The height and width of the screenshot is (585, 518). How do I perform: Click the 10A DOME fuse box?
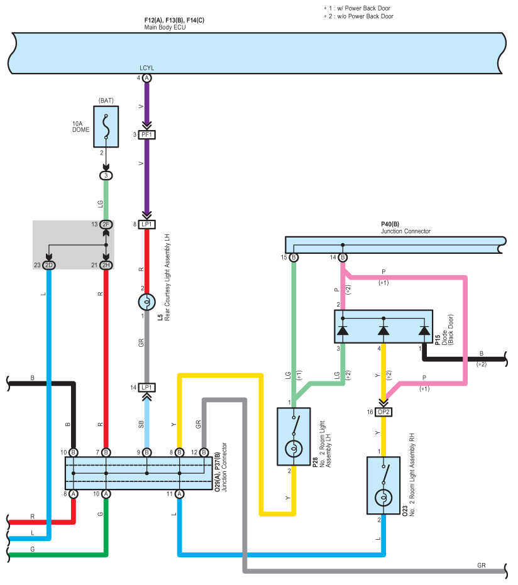coord(106,126)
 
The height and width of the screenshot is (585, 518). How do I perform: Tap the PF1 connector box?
coord(146,134)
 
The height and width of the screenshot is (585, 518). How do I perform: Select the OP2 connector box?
coord(383,412)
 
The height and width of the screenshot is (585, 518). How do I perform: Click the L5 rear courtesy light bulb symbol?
coord(146,302)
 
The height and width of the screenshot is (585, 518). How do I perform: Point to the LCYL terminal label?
coord(146,68)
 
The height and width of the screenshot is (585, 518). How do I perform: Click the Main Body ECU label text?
coord(165,27)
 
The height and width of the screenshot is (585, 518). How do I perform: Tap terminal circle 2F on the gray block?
coord(106,224)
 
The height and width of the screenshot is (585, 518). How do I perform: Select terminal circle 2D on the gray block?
coord(48,265)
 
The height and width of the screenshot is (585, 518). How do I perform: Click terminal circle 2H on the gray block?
coord(106,265)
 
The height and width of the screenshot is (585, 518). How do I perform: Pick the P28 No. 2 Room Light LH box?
coord(294,437)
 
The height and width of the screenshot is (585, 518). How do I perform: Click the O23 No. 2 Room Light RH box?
coord(383,485)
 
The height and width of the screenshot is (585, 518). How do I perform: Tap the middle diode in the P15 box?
coord(383,331)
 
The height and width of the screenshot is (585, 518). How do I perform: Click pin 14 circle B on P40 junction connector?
coord(343,257)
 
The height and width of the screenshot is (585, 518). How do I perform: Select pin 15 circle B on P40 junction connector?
coord(294,257)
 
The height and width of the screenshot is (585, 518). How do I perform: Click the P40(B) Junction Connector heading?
coord(405,227)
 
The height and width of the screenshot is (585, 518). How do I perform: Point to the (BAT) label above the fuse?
coord(106,101)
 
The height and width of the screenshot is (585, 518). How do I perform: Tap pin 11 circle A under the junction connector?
coord(180,494)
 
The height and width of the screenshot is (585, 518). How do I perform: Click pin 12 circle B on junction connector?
coord(204,452)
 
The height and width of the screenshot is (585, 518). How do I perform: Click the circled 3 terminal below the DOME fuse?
coord(106,175)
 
